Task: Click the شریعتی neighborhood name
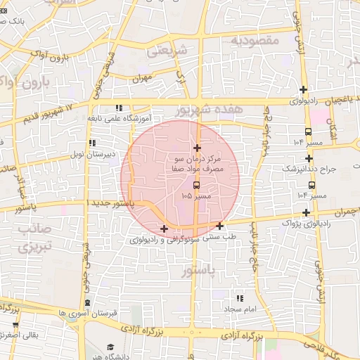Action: pyautogui.click(x=167, y=51)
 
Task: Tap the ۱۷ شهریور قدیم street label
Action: pyautogui.click(x=49, y=112)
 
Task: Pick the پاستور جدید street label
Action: pyautogui.click(x=108, y=202)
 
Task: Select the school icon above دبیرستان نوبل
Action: pyautogui.click(x=92, y=143)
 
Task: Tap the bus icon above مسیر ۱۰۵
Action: pyautogui.click(x=195, y=185)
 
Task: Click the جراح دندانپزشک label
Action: pyautogui.click(x=311, y=169)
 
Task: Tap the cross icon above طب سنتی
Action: pyautogui.click(x=220, y=226)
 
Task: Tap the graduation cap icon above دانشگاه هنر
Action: pyautogui.click(x=110, y=347)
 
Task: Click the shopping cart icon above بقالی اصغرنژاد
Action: pyautogui.click(x=15, y=326)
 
